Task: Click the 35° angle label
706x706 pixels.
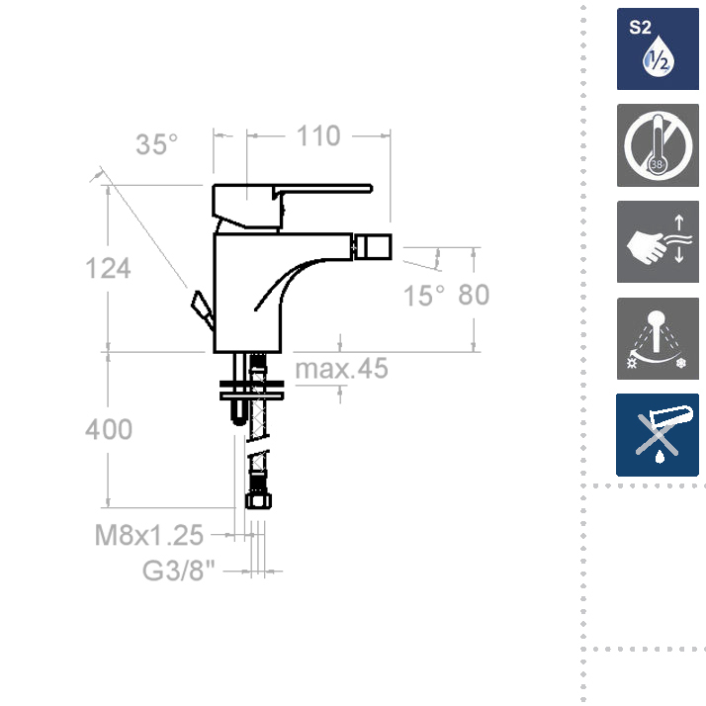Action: [x=156, y=144]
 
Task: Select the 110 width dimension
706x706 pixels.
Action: [x=318, y=136]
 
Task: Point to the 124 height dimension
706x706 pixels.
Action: [x=108, y=268]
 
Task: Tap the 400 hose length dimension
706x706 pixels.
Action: [x=109, y=429]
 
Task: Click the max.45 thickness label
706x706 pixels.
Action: [x=341, y=368]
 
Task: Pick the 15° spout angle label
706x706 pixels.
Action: [x=423, y=296]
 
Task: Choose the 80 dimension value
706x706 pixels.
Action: [x=474, y=295]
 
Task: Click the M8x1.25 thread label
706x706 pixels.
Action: [x=149, y=535]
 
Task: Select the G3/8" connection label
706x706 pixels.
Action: [x=179, y=571]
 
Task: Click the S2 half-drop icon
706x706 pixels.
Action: [x=658, y=48]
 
